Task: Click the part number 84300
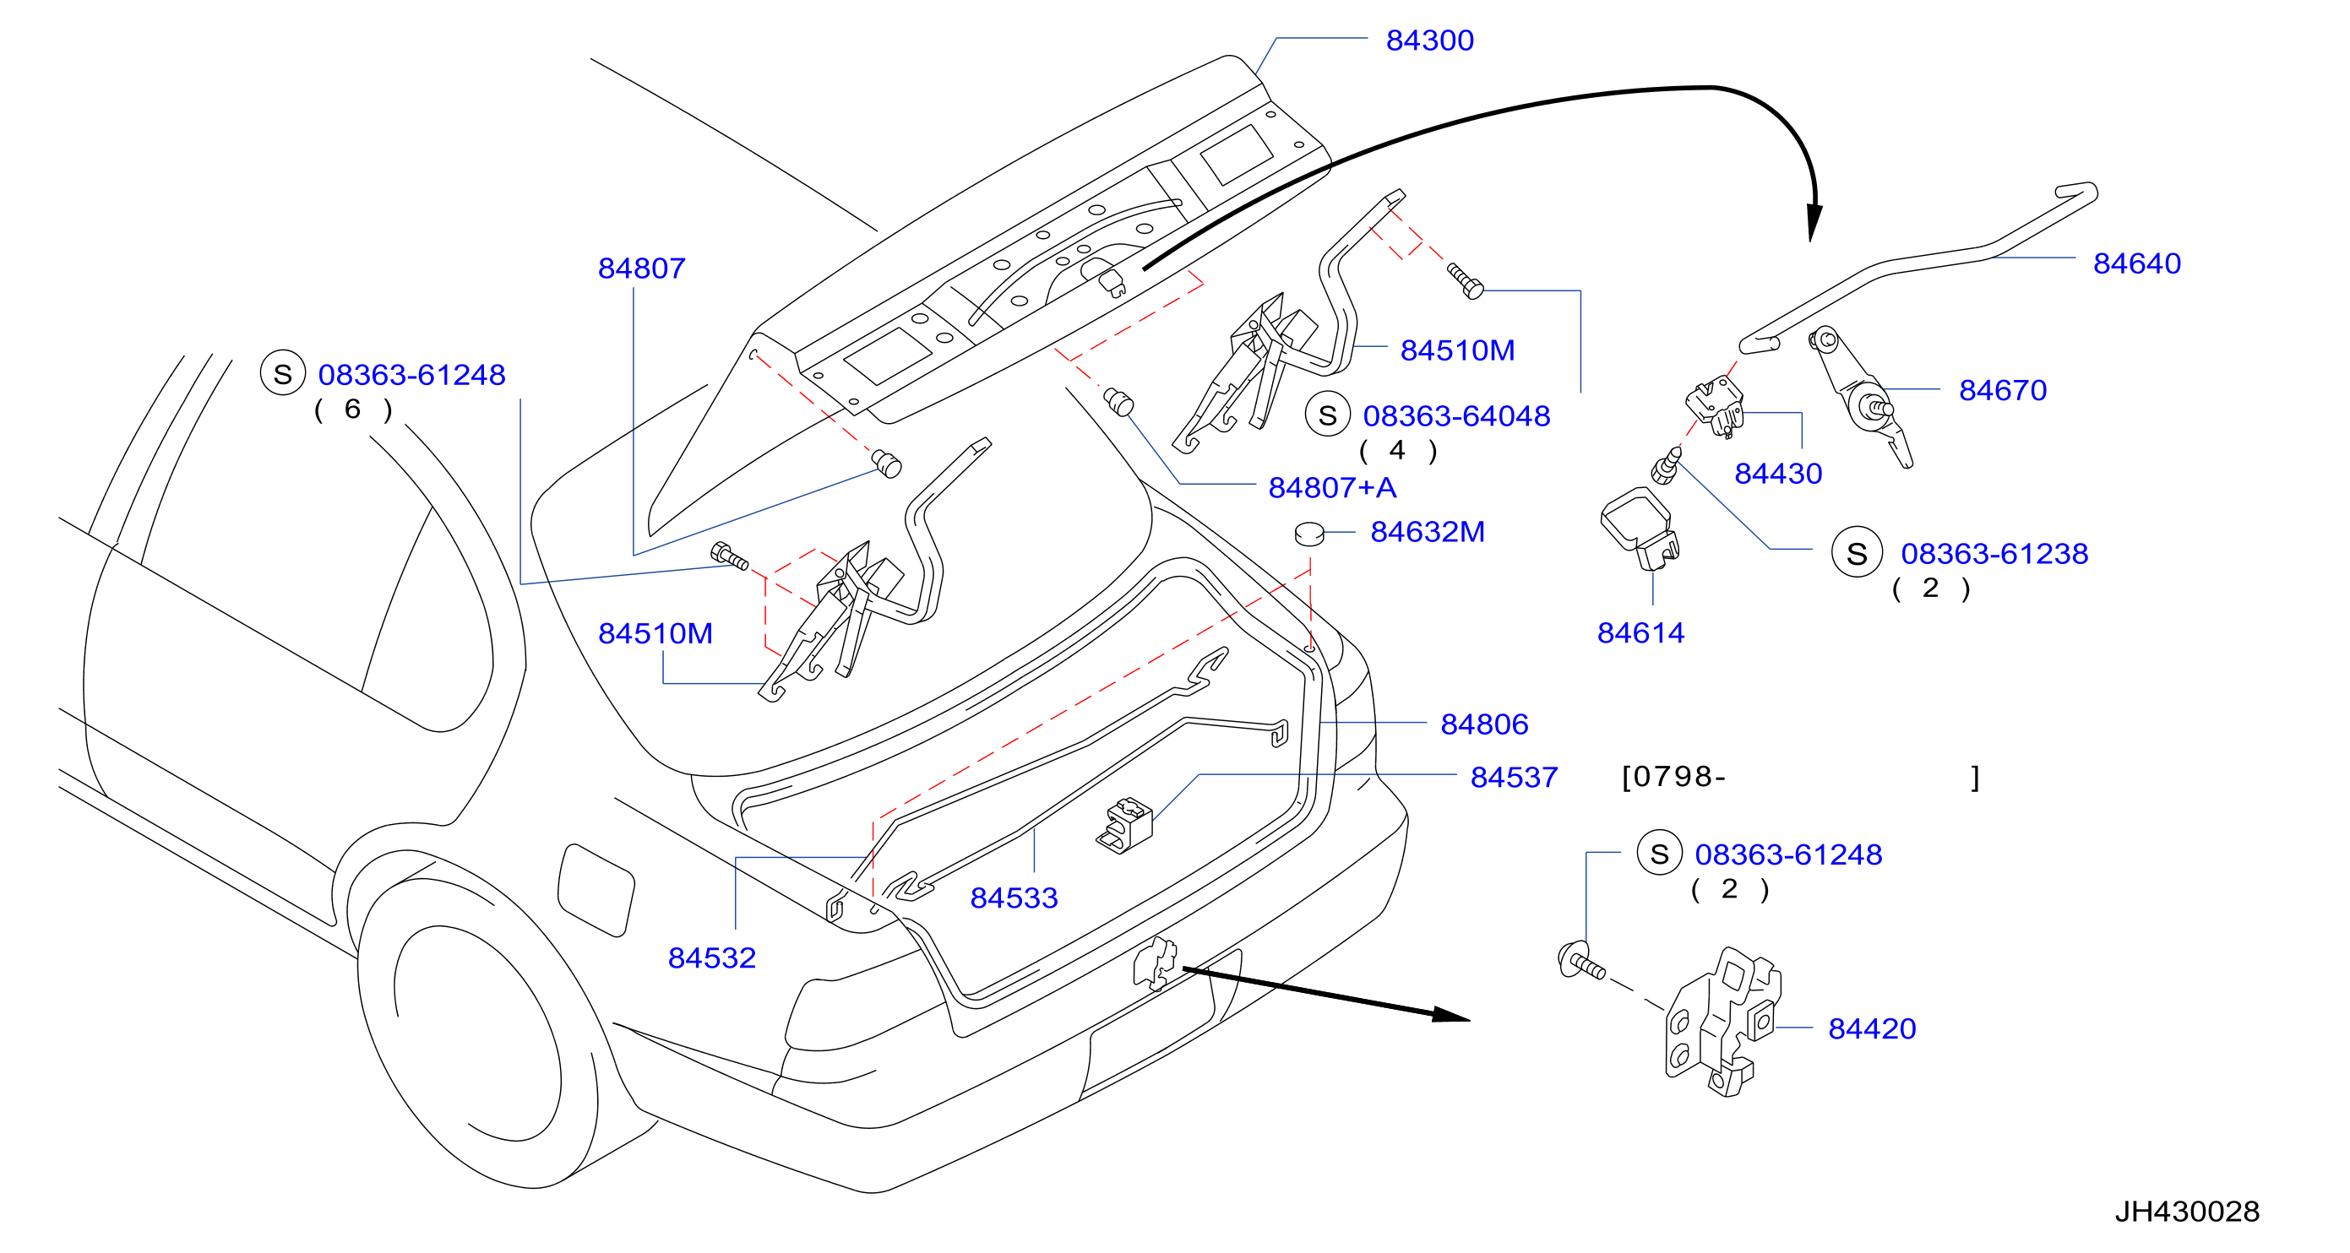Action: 1429,41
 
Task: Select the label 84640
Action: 2136,263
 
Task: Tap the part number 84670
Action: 2003,390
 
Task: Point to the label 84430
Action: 1778,475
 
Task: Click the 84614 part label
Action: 1640,633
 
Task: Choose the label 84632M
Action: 1428,532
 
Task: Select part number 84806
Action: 1484,724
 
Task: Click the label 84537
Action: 1515,777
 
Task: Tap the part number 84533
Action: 1014,898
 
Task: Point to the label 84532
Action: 711,958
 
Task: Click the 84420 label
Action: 1872,1028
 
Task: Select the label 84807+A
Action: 1332,488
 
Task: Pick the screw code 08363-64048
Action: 1456,416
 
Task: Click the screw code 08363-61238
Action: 1994,554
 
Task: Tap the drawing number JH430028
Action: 2187,1211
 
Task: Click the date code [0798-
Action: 1673,777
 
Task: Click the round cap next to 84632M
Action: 1309,534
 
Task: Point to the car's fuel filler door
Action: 596,890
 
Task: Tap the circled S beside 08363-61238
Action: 1857,553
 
